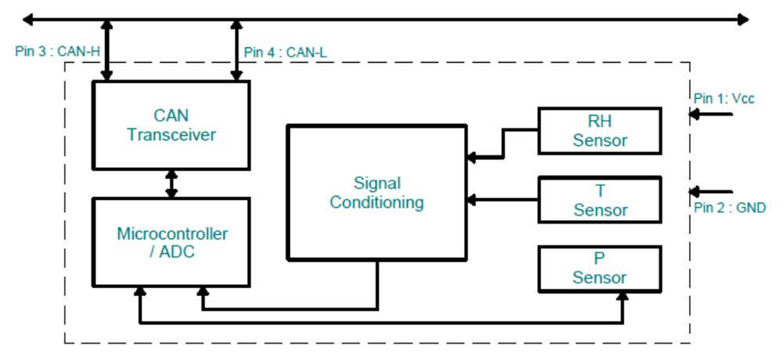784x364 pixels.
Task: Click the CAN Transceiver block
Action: tap(171, 126)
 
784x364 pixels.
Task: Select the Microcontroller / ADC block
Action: tap(171, 242)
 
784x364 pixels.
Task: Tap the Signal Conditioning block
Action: tap(376, 192)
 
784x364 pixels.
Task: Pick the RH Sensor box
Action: tap(600, 131)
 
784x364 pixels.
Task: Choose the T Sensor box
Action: tap(600, 199)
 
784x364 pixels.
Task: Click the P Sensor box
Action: tap(600, 268)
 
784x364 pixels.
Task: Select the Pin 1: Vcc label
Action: tap(724, 98)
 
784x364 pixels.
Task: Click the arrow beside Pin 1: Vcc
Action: tap(710, 115)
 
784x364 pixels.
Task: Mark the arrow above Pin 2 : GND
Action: tap(710, 191)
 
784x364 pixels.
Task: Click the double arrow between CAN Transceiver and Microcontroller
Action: tap(171, 183)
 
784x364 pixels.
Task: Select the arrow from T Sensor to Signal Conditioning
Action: tap(502, 199)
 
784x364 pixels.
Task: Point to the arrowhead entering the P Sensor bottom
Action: tap(623, 297)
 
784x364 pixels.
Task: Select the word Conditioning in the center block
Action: tap(376, 202)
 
